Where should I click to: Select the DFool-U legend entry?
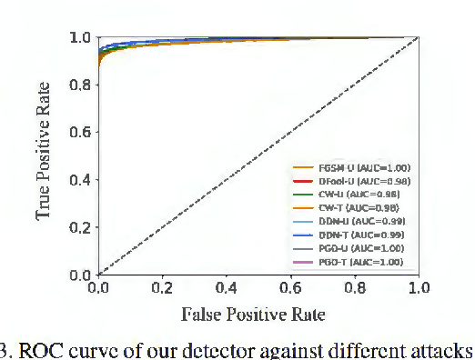(350, 181)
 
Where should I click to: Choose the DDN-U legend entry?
(350, 221)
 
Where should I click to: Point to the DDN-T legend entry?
(350, 235)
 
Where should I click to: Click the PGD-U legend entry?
(350, 248)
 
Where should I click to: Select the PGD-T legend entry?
(350, 262)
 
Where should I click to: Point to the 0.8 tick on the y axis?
(80, 85)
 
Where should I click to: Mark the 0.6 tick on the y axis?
(80, 133)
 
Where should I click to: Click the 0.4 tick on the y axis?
(80, 180)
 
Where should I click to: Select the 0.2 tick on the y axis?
(80, 227)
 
